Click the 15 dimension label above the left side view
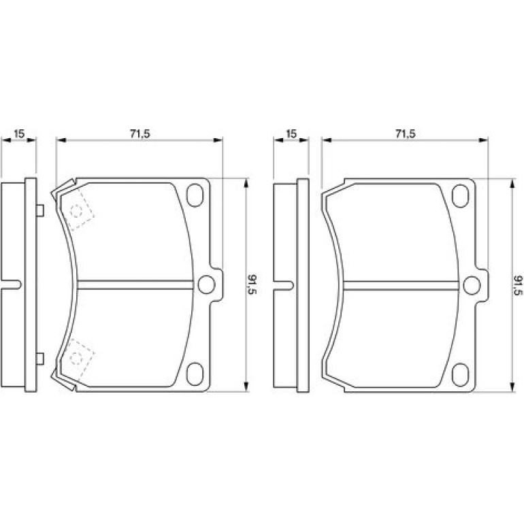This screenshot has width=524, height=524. [x=19, y=133]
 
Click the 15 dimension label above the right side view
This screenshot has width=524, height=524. [x=291, y=133]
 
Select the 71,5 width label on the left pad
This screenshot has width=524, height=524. [x=140, y=133]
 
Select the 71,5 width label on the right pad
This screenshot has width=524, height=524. [x=405, y=133]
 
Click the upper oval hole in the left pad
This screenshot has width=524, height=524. [x=195, y=195]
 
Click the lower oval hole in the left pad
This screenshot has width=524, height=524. [x=195, y=374]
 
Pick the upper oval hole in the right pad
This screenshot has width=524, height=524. [x=461, y=195]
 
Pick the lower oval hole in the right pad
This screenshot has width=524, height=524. [x=461, y=374]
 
